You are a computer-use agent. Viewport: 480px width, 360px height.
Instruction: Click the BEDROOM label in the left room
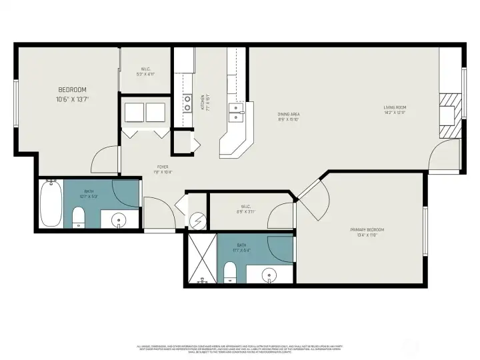pos(73,89)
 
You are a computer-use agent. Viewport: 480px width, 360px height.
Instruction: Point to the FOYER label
pos(163,167)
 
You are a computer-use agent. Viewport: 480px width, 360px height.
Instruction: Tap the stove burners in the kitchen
pos(187,103)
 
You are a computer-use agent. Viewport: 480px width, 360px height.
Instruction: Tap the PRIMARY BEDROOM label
pos(367,229)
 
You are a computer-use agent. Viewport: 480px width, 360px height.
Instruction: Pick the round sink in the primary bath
pos(271,275)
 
